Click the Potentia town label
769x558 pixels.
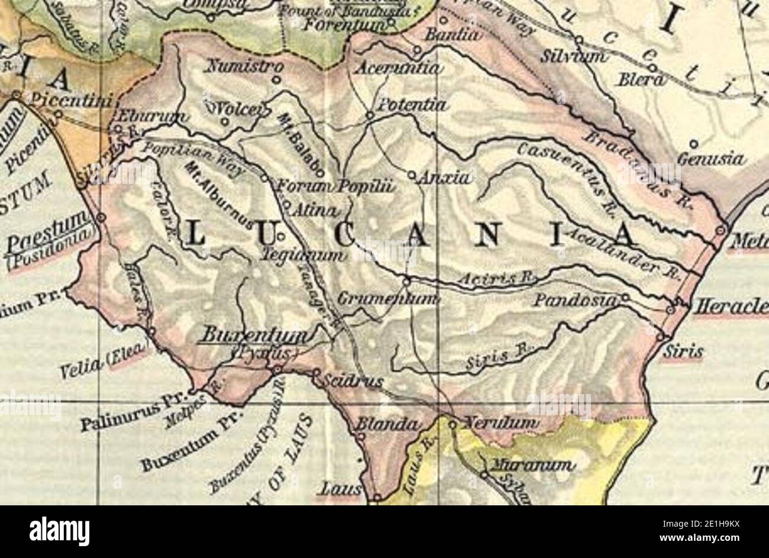(x=412, y=105)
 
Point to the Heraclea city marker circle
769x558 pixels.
(x=670, y=309)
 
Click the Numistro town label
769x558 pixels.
(x=240, y=66)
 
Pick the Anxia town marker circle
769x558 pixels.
(x=412, y=175)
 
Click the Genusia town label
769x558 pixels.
(x=710, y=159)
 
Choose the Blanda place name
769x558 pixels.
(x=388, y=425)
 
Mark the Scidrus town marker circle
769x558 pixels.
(x=316, y=373)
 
